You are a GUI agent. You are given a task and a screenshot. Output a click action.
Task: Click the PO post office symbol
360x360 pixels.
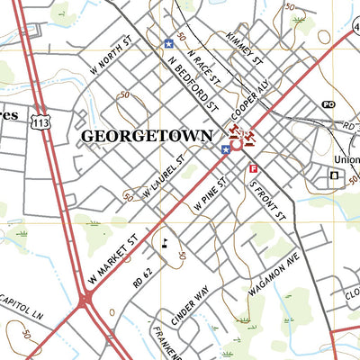(x=328, y=105)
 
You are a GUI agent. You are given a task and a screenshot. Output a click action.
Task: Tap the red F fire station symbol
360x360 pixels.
(x=253, y=168)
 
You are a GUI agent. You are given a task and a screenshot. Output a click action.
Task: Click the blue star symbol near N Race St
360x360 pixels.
(x=168, y=42)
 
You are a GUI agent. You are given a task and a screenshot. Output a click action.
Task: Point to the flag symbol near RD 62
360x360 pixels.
(x=165, y=240)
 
